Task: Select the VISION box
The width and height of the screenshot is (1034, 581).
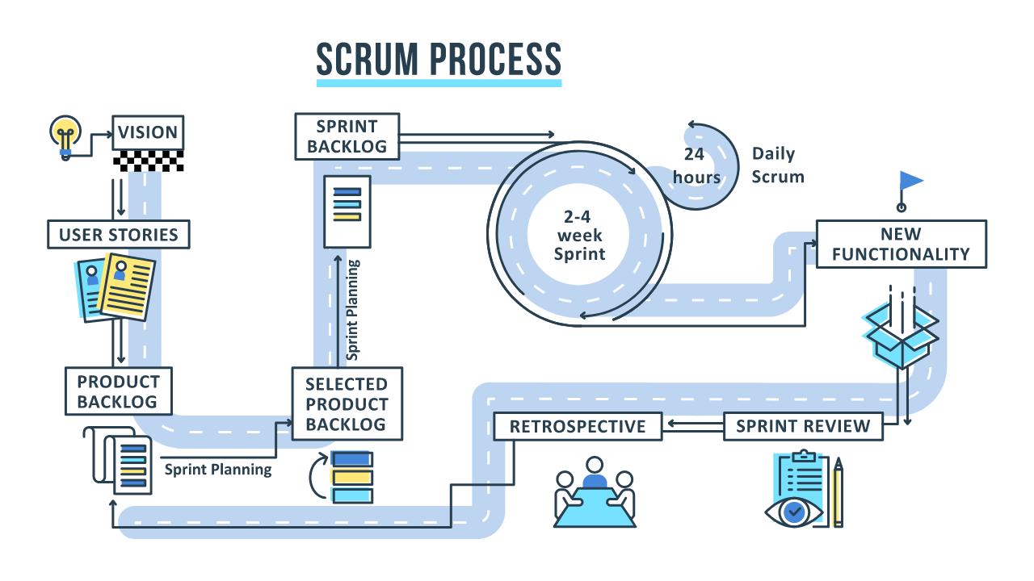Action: (148, 132)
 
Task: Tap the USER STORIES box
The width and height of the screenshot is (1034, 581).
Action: (119, 235)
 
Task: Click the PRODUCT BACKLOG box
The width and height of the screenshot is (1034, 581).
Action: (119, 391)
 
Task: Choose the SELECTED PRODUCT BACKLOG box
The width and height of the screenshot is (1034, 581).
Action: (347, 404)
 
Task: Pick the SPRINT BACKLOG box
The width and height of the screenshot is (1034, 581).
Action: (347, 136)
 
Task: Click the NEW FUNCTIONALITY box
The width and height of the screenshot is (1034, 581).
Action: (901, 244)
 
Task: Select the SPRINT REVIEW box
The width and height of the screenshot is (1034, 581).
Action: (803, 426)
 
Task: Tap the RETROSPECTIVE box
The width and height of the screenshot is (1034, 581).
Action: (578, 426)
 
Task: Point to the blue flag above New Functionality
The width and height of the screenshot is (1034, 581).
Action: (910, 182)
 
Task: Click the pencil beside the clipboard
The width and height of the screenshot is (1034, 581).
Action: (838, 492)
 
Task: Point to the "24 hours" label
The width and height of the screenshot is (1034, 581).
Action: (700, 165)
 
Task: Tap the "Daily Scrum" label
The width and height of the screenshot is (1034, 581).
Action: (777, 165)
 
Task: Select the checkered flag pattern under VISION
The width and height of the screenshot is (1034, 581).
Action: (149, 161)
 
